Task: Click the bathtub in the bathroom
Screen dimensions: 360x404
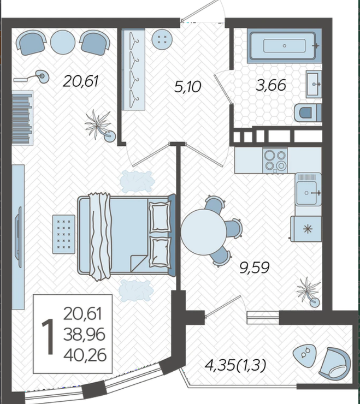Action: pyautogui.click(x=284, y=46)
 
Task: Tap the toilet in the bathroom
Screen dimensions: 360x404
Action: pyautogui.click(x=308, y=112)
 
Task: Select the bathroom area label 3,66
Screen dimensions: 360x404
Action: pyautogui.click(x=271, y=85)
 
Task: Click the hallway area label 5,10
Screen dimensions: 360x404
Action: pyautogui.click(x=187, y=87)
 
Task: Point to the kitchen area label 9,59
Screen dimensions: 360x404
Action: pyautogui.click(x=254, y=268)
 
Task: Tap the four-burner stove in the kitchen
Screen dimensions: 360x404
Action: pyautogui.click(x=275, y=161)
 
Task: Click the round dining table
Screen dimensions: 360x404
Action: pyautogui.click(x=203, y=232)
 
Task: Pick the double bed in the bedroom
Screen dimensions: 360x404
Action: pyautogui.click(x=127, y=235)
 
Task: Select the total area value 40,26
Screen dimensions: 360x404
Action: pyautogui.click(x=85, y=355)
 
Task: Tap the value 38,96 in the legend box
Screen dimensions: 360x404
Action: pyautogui.click(x=84, y=335)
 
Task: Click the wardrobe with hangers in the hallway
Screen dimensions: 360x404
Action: pyautogui.click(x=133, y=69)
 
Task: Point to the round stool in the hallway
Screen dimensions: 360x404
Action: pyautogui.click(x=162, y=39)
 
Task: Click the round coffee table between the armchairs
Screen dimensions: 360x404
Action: pyautogui.click(x=63, y=42)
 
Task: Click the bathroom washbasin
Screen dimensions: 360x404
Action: pyautogui.click(x=314, y=84)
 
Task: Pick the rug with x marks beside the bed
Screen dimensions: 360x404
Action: pyautogui.click(x=64, y=234)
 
